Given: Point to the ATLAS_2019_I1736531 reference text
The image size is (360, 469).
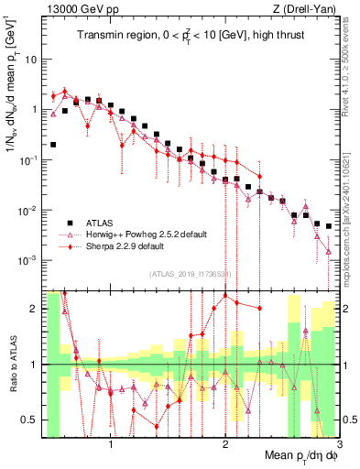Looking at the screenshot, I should point(190,273).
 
